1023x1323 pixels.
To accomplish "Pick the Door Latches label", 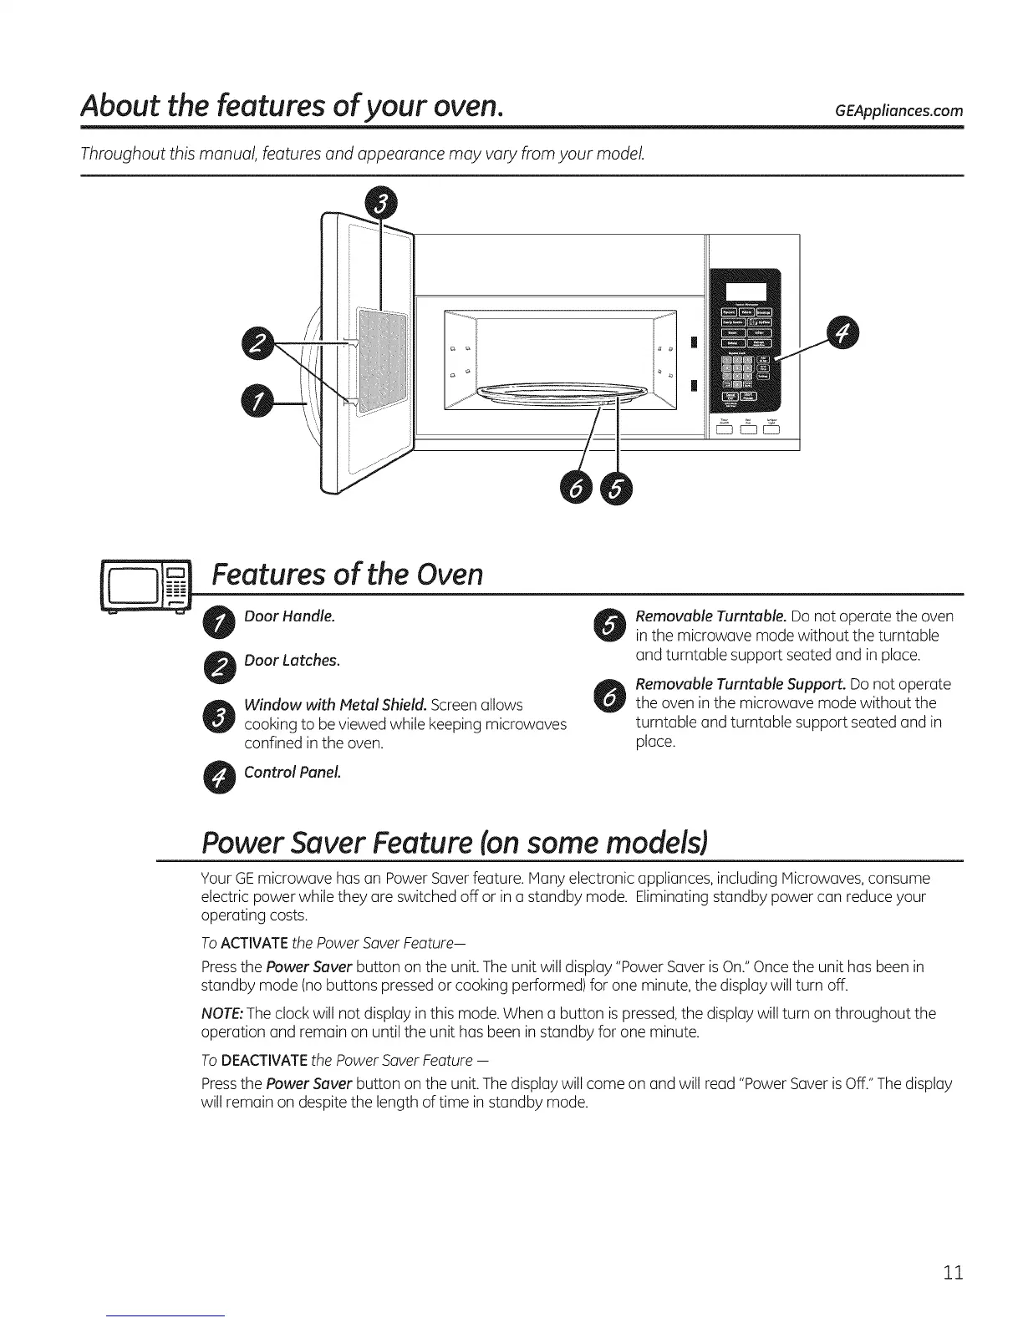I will pos(292,661).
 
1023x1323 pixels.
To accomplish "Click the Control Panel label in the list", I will pos(292,772).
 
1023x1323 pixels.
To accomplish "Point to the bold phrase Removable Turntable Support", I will pos(741,684).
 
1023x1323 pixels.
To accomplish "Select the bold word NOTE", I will pos(221,1013).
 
